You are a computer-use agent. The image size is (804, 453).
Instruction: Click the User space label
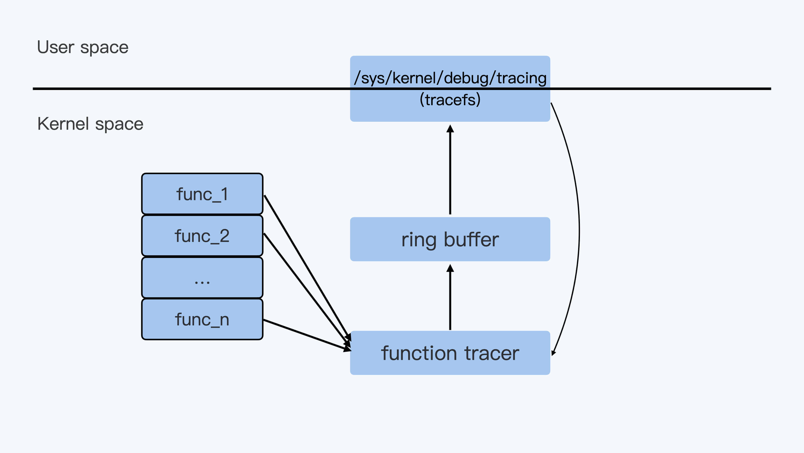82,48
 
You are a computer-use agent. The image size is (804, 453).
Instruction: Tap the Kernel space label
90,124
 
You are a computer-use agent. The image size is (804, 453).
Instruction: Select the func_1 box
202,194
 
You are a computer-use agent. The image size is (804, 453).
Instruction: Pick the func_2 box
202,236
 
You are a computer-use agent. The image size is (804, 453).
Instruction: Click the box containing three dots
202,278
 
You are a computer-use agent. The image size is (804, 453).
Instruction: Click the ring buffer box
450,239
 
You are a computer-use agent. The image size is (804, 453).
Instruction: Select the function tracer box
450,353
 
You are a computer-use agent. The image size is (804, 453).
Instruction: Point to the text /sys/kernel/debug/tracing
450,78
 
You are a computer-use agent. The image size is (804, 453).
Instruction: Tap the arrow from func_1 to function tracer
306,266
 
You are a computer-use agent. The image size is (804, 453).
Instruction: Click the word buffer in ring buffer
471,240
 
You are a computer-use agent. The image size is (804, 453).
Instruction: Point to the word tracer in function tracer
492,354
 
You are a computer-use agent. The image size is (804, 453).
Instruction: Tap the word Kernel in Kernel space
63,124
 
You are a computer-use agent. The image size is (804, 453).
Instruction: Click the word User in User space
56,48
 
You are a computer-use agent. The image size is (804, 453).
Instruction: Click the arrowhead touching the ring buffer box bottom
450,268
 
